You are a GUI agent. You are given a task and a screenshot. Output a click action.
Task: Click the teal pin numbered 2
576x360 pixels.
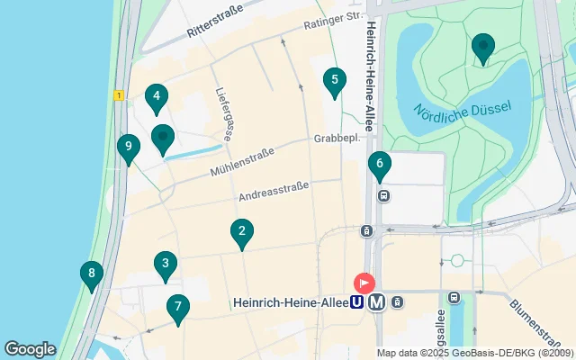241,232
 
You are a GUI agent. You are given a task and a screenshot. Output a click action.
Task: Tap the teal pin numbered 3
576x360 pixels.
164,264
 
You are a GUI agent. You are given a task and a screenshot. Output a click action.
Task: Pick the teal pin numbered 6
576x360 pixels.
379,164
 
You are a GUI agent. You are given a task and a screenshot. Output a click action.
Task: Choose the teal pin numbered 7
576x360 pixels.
177,308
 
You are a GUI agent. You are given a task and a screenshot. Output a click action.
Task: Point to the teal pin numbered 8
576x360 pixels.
90,274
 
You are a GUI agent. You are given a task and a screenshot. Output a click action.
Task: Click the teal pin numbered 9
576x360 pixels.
129,147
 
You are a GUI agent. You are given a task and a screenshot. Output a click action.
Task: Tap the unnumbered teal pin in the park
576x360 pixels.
483,46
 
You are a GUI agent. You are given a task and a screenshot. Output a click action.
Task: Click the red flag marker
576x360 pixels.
364,282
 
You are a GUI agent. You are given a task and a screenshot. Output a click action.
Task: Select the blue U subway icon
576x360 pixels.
357,302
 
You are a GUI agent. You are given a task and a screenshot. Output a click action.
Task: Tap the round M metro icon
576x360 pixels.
376,302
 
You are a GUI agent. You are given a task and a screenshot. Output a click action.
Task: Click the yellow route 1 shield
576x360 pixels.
118,94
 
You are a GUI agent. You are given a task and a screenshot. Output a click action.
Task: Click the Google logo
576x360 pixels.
30,348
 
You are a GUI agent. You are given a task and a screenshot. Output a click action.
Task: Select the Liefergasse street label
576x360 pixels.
224,113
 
